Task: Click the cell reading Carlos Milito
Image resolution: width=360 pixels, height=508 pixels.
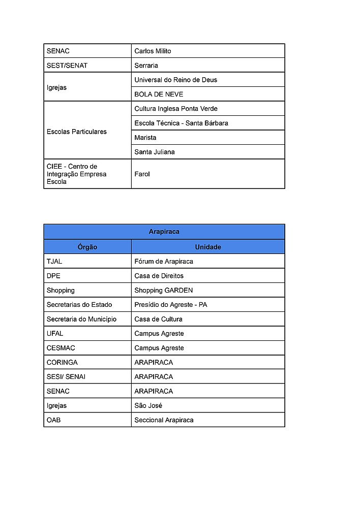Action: pos(153,51)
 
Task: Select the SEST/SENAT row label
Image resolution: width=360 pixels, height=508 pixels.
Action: pos(67,66)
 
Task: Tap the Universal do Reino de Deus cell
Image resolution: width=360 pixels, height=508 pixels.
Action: pos(175,80)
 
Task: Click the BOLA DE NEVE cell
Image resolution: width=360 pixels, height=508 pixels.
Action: pos(159,94)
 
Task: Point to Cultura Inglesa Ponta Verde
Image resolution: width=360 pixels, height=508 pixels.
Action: pos(175,109)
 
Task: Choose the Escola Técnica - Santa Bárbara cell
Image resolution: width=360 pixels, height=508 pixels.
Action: pos(181,123)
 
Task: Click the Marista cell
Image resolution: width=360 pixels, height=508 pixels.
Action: pos(145,138)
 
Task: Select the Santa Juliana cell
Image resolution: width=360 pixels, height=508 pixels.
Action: pos(155,152)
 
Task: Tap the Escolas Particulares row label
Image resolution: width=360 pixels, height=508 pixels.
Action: pos(76,132)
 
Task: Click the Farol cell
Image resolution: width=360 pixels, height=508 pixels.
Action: pos(142,174)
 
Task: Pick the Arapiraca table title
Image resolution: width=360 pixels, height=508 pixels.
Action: pos(164,232)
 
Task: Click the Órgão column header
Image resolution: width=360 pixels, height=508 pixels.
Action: pos(87,247)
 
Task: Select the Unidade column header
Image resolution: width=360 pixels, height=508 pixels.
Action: pos(208,247)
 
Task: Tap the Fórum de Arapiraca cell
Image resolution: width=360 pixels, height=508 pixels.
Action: pos(164,262)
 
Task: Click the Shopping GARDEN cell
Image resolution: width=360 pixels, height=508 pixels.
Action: pos(163,291)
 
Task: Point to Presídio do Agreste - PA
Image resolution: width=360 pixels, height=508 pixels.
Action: pos(170,305)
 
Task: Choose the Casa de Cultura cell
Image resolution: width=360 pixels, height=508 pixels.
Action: pos(158,319)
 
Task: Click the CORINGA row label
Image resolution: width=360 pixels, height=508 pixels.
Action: pos(62,362)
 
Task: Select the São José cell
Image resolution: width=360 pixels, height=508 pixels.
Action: pos(148,405)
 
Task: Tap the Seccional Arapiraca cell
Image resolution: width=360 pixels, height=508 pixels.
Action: pos(164,420)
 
